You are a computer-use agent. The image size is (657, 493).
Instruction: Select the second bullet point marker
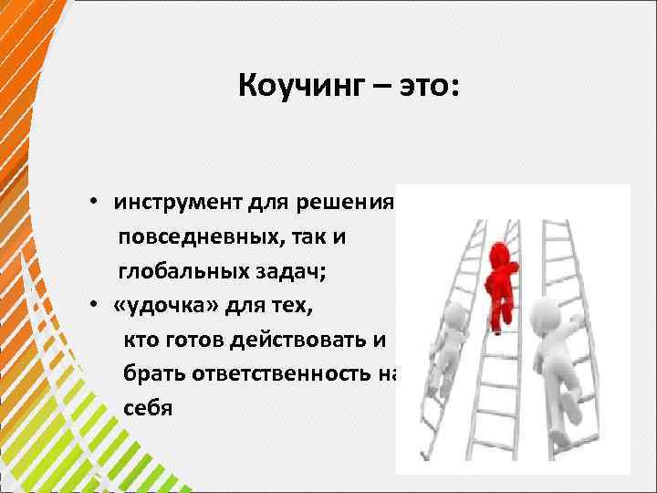click(95, 305)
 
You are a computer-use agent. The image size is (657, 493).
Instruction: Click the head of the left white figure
click(454, 315)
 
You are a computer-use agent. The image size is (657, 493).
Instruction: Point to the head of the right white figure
click(544, 310)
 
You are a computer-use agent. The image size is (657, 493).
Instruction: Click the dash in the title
click(376, 89)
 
